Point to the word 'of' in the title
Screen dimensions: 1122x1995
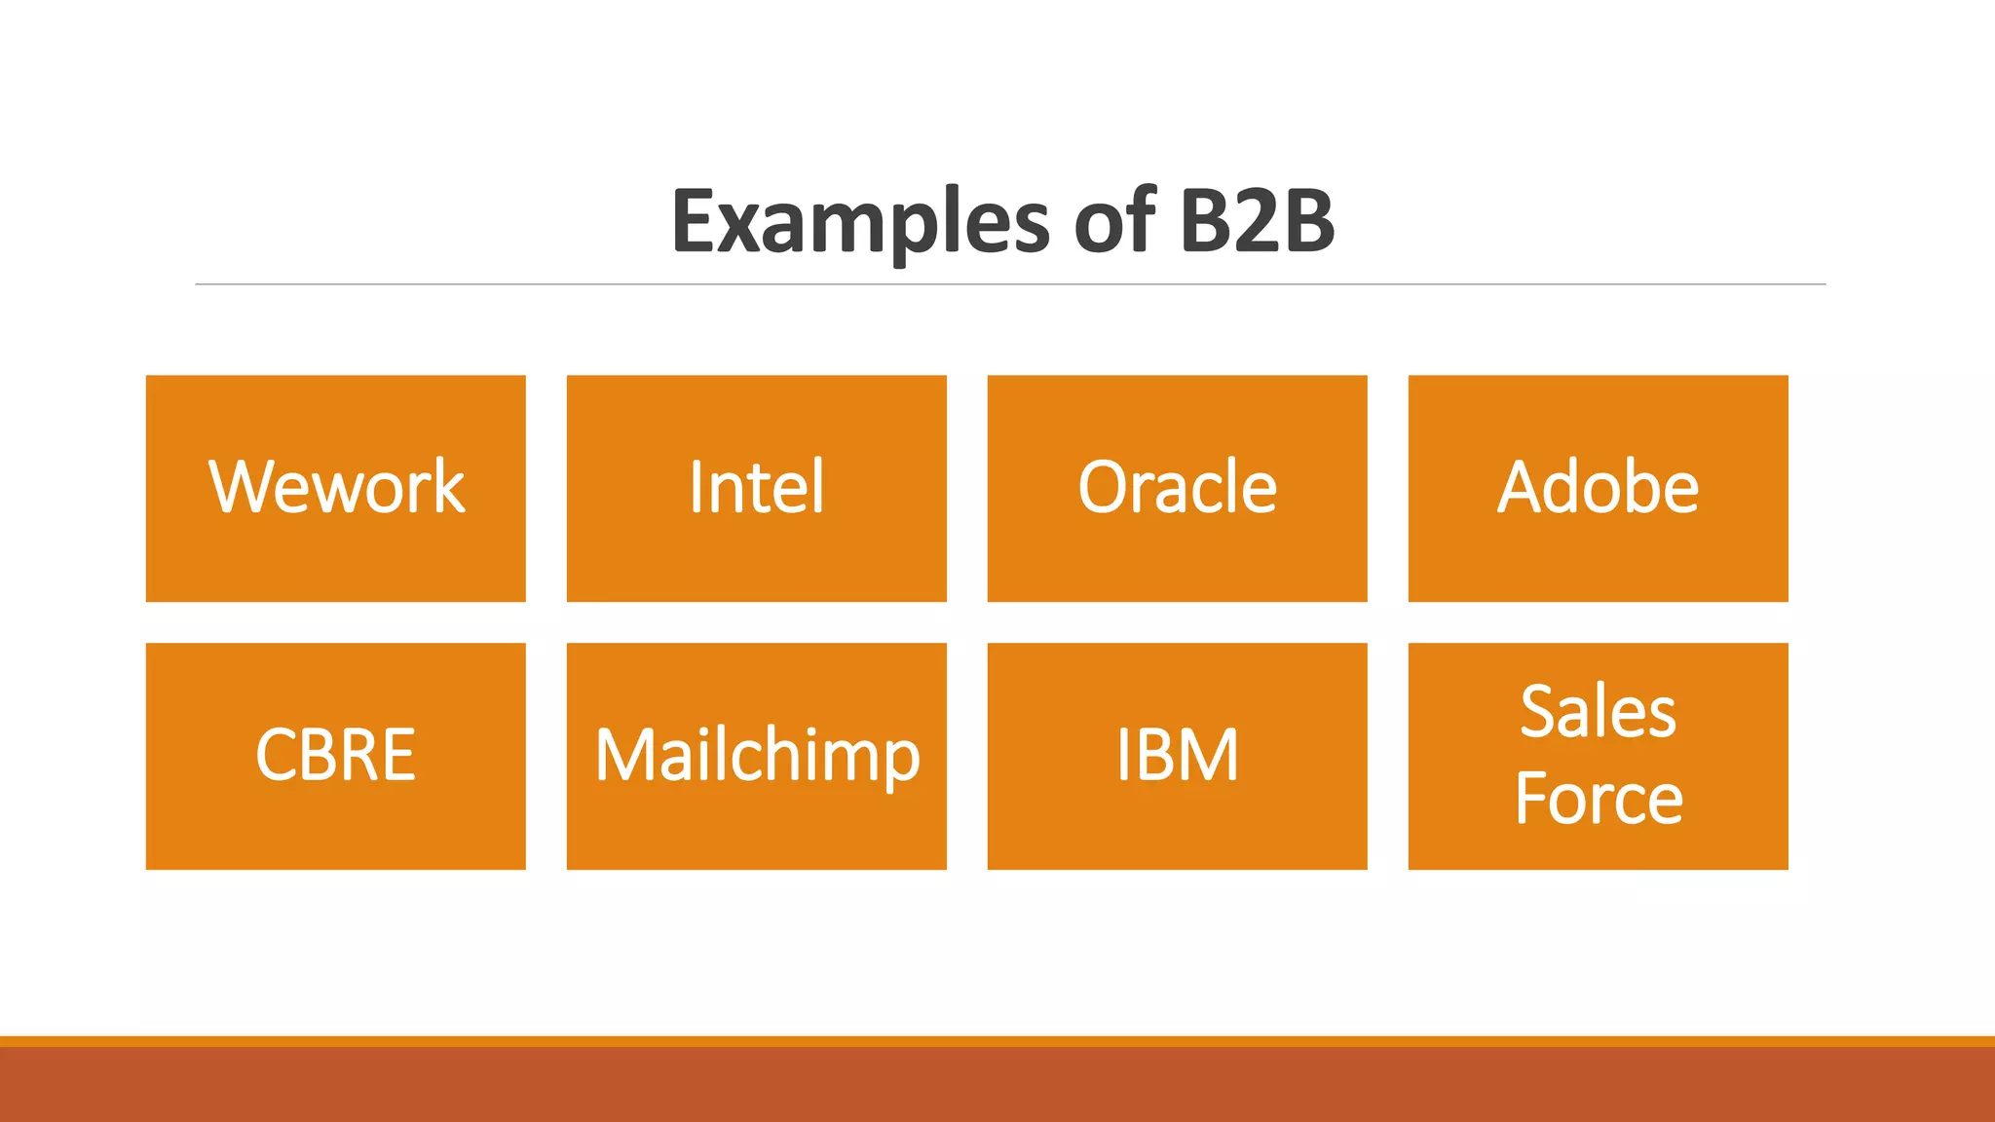click(1114, 222)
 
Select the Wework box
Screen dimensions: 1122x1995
click(335, 488)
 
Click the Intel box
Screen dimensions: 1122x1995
click(756, 488)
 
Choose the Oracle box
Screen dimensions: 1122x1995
click(1177, 488)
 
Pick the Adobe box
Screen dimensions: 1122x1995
click(1598, 488)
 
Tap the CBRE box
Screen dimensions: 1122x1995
click(335, 756)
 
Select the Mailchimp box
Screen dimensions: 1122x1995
click(756, 756)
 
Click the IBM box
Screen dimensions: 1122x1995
click(1177, 756)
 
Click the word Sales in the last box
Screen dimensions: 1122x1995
click(1598, 712)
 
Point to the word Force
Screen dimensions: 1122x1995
click(1598, 799)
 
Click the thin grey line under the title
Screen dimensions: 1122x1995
click(1009, 284)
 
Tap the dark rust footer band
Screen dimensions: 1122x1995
click(997, 1085)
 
